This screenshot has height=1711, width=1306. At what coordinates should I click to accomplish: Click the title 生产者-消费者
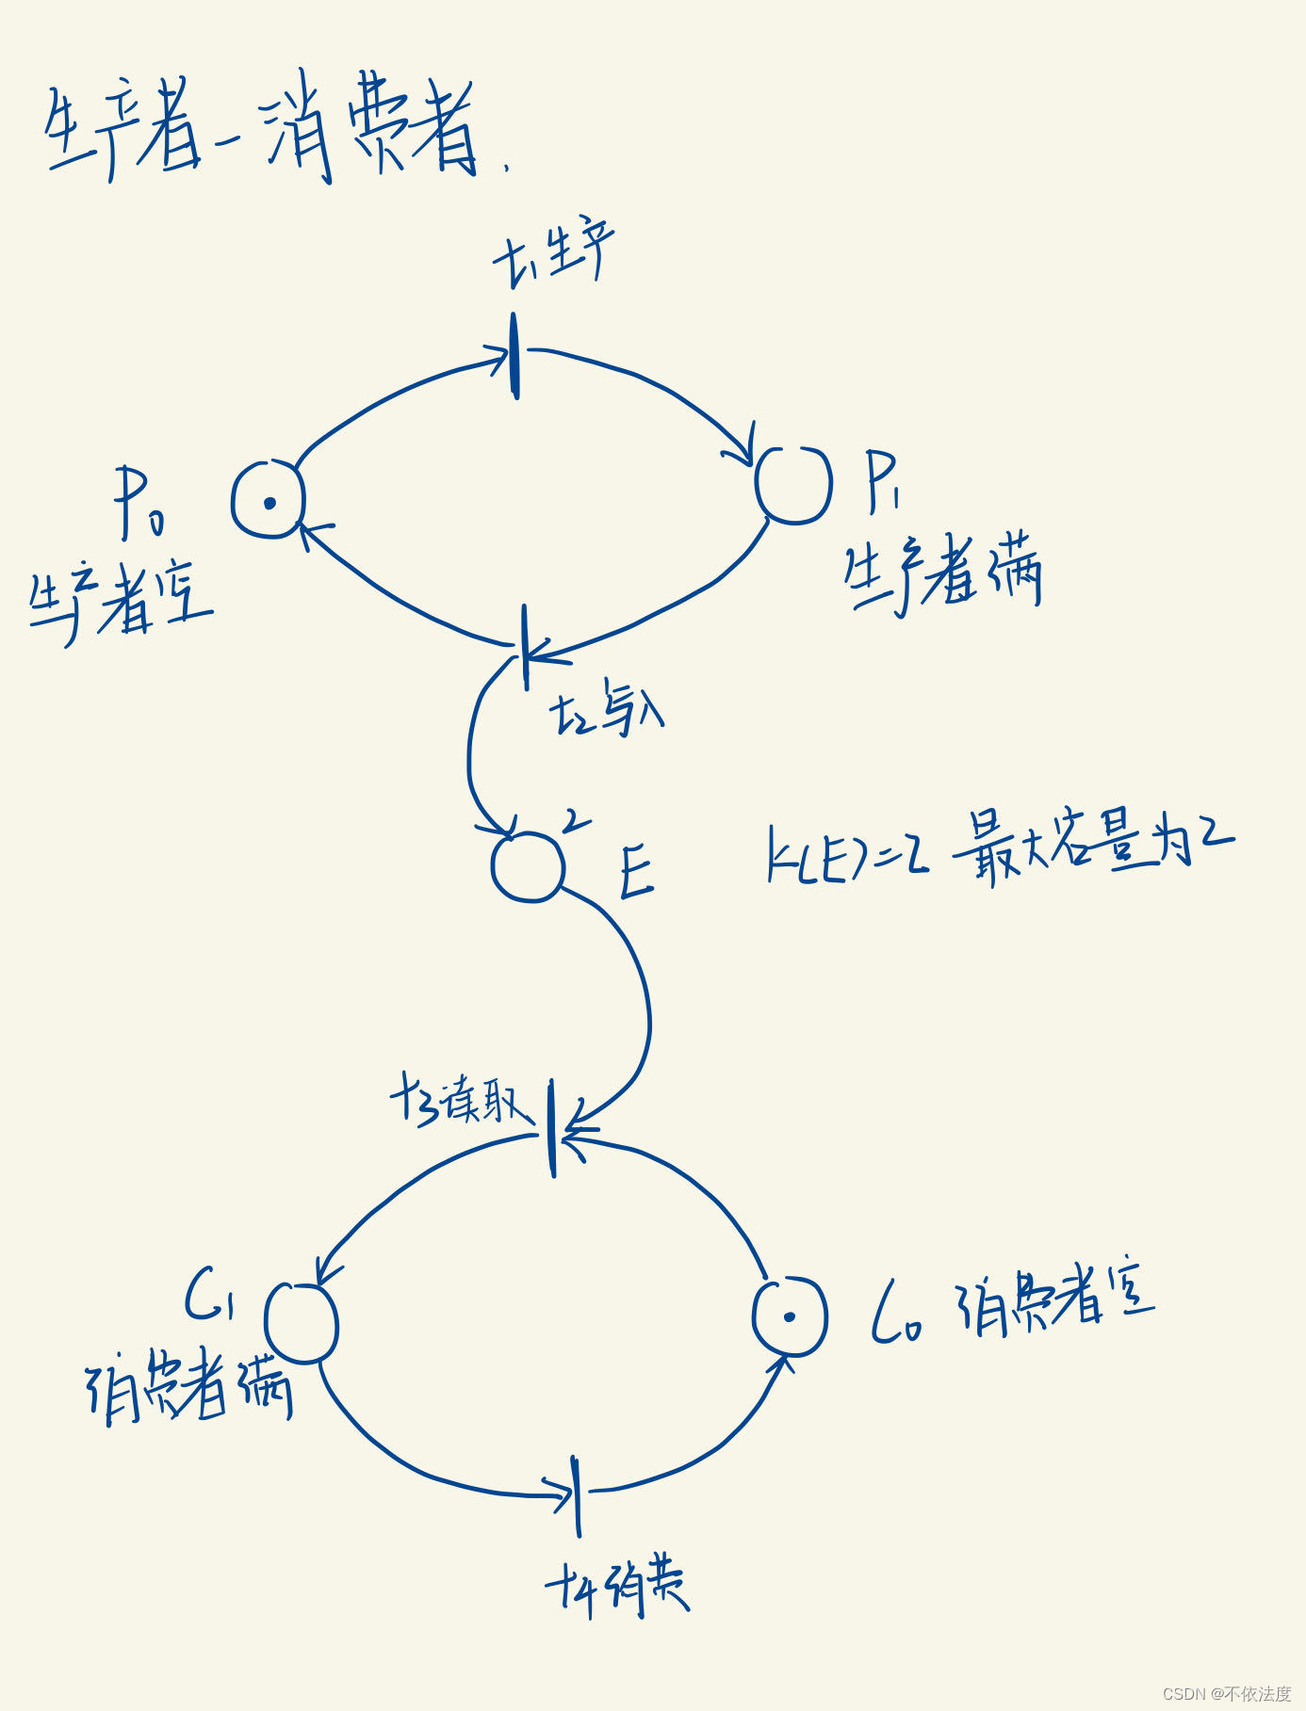tap(264, 132)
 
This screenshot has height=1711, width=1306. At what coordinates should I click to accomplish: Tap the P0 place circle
tap(269, 500)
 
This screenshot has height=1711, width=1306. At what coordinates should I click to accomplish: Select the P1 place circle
tap(794, 484)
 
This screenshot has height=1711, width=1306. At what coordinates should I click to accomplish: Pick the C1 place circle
tap(302, 1322)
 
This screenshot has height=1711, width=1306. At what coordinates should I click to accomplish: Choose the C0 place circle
tap(790, 1316)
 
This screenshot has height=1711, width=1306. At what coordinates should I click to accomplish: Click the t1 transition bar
tap(514, 356)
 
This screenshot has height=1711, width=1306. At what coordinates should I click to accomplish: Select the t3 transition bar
tap(553, 1128)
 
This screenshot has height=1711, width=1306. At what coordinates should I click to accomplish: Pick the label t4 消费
tap(617, 1589)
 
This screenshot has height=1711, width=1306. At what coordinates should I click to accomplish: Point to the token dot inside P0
tap(269, 503)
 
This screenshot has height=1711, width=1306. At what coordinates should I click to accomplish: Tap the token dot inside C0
tap(790, 1316)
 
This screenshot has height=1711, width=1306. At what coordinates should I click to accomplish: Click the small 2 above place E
tap(574, 821)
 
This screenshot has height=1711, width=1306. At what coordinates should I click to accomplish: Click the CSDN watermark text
tap(1226, 1693)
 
